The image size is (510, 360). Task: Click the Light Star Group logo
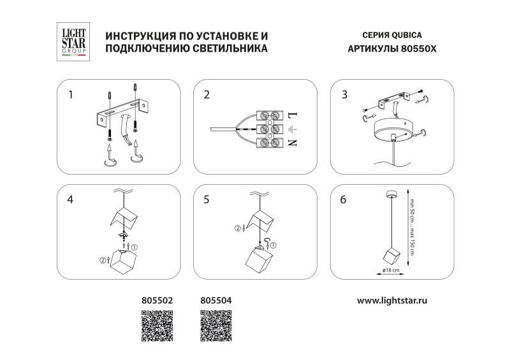click(x=70, y=42)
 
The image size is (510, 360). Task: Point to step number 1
click(x=71, y=96)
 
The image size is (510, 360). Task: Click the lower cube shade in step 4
click(x=124, y=260)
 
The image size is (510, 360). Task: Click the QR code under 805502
click(x=157, y=326)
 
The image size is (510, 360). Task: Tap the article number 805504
click(x=216, y=298)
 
